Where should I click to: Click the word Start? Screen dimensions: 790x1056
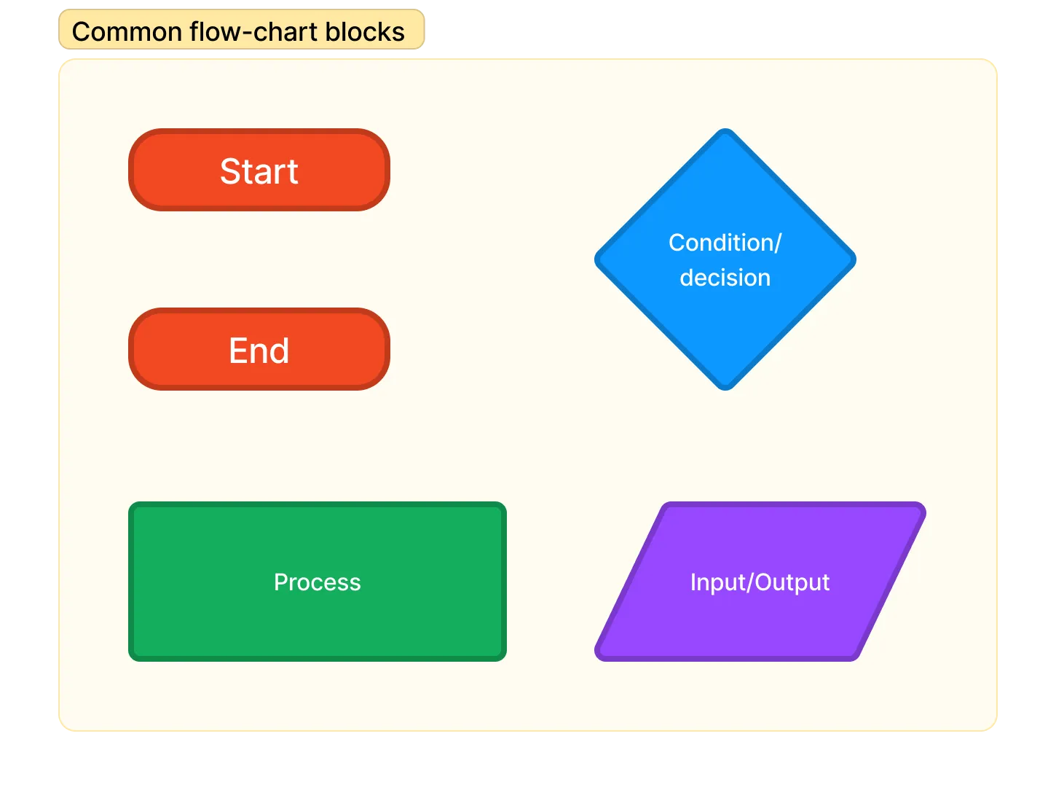[x=259, y=171]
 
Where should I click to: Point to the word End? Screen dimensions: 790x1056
[x=259, y=351]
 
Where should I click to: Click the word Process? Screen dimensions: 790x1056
[x=318, y=582]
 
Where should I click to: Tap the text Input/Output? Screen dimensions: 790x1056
[x=760, y=582]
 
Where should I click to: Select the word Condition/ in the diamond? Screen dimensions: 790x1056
[x=725, y=243]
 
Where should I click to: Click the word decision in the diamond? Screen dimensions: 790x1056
[x=725, y=278]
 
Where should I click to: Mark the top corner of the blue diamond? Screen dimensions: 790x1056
[x=725, y=132]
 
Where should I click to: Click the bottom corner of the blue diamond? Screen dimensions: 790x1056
[x=725, y=387]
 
